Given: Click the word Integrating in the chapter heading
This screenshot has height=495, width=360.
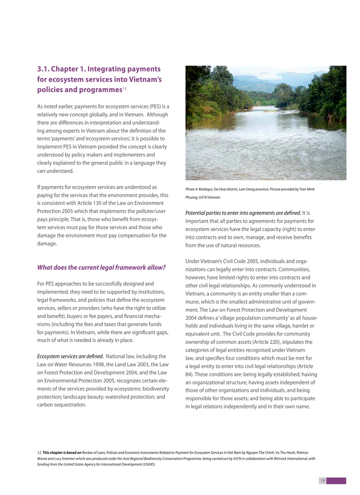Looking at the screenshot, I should pos(106,69).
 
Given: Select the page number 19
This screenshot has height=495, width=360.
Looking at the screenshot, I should pos(322,480).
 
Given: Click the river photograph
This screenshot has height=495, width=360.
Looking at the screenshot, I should pos(266,123).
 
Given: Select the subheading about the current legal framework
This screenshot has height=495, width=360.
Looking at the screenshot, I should pos(101,268).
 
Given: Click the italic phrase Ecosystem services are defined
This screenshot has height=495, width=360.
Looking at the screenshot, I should pos(70,356).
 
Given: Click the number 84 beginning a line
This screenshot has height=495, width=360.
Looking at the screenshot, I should pos(189,375).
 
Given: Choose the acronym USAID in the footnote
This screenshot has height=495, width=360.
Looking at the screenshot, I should pos(147,465).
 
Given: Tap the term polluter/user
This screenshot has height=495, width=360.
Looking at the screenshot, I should pos(149,211).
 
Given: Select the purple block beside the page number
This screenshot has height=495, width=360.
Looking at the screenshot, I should pos(337,480).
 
